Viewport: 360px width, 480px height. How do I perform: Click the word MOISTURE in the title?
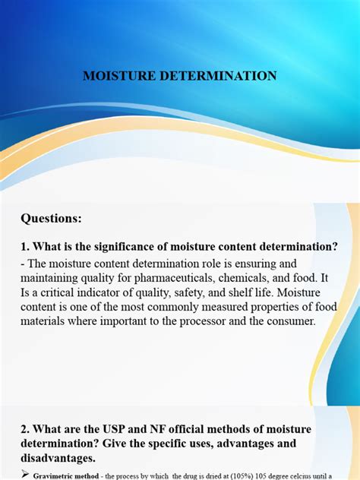tap(117, 76)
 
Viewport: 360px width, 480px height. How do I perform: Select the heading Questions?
tap(51, 218)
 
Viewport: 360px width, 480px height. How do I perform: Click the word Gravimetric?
tap(52, 475)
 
